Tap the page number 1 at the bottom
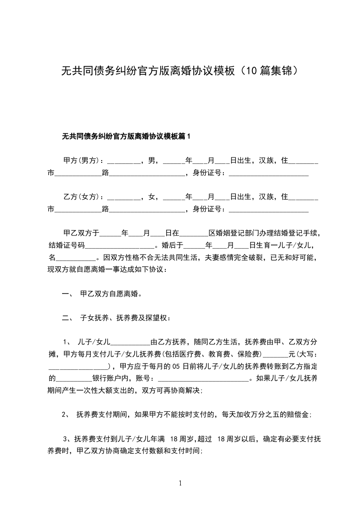tap(180, 483)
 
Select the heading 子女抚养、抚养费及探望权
tap(125, 318)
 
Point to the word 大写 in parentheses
tap(308, 353)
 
